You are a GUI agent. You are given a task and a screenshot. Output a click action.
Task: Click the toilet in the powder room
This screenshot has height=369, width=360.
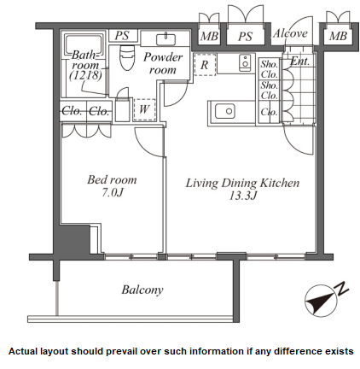tap(127, 57)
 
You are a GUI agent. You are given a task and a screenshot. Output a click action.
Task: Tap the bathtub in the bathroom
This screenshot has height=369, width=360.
tap(84, 64)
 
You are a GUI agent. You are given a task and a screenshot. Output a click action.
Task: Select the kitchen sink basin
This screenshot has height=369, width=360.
tap(225, 111)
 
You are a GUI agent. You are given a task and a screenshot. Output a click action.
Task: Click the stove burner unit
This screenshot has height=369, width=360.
tap(245, 63)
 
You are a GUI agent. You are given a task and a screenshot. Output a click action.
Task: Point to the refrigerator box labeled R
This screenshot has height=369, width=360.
tap(205, 65)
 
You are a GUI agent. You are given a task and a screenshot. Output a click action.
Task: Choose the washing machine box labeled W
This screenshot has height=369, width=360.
tap(144, 109)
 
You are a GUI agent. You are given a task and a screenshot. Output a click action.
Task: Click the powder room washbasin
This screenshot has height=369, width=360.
tap(165, 39)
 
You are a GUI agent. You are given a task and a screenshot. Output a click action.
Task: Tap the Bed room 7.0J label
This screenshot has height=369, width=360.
tap(112, 186)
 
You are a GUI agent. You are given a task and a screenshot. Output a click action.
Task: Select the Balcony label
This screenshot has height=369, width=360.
tap(142, 290)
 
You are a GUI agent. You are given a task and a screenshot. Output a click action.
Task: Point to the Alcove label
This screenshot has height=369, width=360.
tap(290, 33)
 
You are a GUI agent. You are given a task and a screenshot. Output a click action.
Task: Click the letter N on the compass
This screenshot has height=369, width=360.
tap(343, 288)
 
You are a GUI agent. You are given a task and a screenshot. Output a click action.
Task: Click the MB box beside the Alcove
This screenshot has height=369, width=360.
tap(338, 36)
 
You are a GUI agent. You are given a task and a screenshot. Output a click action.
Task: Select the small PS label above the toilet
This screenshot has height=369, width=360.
tap(122, 36)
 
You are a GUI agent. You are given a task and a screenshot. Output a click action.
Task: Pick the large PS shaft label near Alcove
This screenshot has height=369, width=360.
tap(245, 36)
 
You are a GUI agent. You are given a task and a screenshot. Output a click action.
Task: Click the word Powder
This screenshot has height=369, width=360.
tap(163, 57)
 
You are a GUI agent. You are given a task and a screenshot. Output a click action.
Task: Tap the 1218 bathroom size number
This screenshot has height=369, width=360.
tap(85, 75)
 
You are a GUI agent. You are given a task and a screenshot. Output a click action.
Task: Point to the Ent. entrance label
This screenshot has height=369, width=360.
tap(299, 61)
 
